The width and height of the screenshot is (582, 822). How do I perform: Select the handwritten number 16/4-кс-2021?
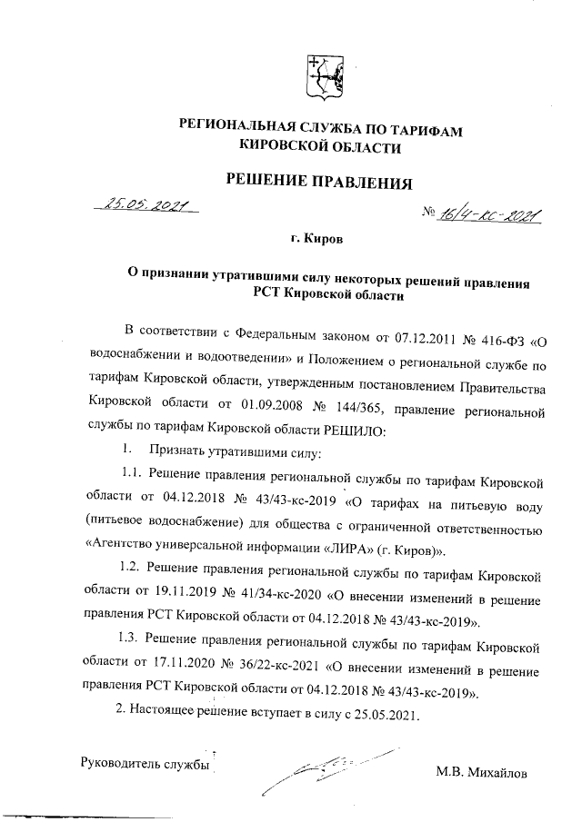click(488, 215)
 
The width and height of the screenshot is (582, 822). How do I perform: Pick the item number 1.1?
click(133, 478)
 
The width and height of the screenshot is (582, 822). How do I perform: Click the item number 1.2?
click(133, 575)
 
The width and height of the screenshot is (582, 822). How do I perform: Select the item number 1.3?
click(133, 648)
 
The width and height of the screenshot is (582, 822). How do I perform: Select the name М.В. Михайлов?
click(481, 773)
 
